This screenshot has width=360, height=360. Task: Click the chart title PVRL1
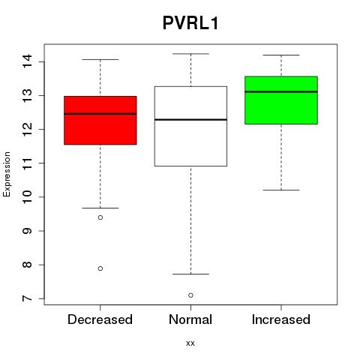[190, 23]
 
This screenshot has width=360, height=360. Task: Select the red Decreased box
[100, 120]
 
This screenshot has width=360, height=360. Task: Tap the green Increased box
[281, 100]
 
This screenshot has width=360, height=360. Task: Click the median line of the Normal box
[190, 119]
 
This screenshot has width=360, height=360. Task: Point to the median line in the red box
[100, 114]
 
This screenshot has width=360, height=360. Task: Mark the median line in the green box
[281, 91]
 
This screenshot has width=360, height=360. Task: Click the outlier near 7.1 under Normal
[190, 295]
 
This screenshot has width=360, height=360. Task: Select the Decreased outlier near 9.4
[100, 217]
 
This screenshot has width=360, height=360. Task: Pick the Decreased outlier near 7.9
[100, 268]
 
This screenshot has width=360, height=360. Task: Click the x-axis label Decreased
[100, 319]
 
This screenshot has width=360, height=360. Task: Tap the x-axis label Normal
[190, 319]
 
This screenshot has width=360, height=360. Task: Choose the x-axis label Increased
[281, 319]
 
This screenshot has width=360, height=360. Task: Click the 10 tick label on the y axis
[27, 197]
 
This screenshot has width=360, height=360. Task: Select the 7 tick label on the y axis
[27, 298]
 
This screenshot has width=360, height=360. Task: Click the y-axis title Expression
[7, 174]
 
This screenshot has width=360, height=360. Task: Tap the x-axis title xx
[190, 343]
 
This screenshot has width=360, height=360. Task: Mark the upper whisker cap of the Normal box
[190, 54]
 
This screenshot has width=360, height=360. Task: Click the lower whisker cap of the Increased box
[281, 190]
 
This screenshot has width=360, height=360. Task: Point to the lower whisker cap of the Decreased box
[100, 208]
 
